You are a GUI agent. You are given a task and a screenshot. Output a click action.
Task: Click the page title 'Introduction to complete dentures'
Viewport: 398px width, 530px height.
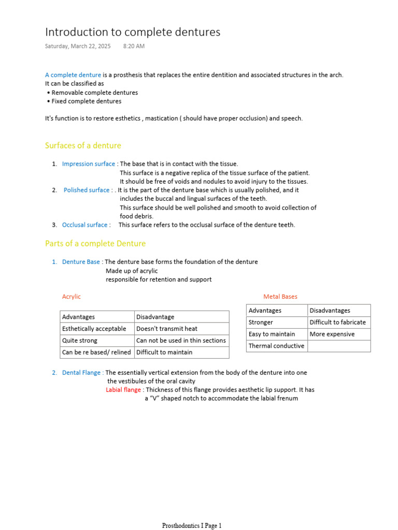tap(133, 32)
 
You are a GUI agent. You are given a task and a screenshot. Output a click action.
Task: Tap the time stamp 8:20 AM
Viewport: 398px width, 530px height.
tap(134, 46)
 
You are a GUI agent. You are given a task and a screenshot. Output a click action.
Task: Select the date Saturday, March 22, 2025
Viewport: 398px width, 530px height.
tap(78, 46)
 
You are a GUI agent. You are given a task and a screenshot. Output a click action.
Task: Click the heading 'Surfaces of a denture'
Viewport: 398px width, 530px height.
tap(83, 145)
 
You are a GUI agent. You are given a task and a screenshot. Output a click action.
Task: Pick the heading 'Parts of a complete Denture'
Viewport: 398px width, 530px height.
tap(95, 243)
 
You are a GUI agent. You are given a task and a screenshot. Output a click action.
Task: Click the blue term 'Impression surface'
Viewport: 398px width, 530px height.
tap(89, 164)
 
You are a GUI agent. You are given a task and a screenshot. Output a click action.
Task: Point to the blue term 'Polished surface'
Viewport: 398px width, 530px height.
tap(87, 190)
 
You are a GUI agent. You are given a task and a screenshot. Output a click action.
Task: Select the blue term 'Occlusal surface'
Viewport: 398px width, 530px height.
tap(85, 225)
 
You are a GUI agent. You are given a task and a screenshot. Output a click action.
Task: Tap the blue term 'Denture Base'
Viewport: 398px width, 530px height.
tap(81, 262)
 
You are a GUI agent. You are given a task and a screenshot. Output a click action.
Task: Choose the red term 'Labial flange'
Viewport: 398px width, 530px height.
tap(123, 390)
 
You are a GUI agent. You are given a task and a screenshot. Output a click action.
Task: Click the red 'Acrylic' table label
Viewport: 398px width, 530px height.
tap(72, 297)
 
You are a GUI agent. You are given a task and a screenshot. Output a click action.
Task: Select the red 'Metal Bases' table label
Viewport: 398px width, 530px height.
tap(280, 297)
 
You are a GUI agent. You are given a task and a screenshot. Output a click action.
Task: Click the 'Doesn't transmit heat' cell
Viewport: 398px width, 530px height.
tap(166, 329)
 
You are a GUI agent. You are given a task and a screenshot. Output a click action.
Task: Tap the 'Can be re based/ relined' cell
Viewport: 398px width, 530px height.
tap(96, 352)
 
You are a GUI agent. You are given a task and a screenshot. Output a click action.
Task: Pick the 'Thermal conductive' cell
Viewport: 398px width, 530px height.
tap(276, 346)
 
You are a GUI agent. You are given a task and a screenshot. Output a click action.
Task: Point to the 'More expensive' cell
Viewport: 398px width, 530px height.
tap(332, 334)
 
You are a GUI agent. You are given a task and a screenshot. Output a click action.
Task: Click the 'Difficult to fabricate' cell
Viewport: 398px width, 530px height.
tap(337, 322)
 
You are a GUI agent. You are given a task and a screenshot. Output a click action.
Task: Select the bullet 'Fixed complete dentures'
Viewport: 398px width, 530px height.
tap(87, 101)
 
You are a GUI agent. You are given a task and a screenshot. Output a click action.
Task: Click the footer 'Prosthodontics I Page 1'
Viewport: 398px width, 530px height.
tap(192, 526)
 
